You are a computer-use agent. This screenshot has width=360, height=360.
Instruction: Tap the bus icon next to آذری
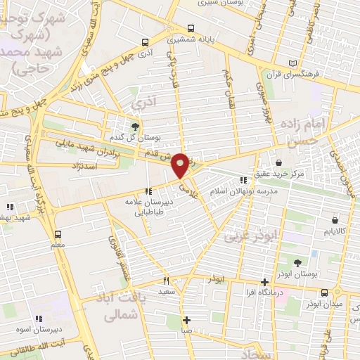pos(145,41)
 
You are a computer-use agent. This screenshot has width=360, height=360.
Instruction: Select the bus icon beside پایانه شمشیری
pos(172,40)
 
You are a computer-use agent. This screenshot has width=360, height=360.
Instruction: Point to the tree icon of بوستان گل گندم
pos(135,126)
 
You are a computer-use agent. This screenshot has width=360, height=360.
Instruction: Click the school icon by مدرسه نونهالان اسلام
pos(243,180)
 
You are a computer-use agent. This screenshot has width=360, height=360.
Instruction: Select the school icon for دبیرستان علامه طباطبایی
pos(148,191)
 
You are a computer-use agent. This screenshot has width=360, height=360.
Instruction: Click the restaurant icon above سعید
pos(166,281)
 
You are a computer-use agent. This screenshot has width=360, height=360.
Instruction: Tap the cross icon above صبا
pos(186,320)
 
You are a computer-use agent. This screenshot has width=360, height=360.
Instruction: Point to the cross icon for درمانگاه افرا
pos(264,281)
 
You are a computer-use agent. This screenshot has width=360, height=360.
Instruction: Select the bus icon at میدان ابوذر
pos(324,292)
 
